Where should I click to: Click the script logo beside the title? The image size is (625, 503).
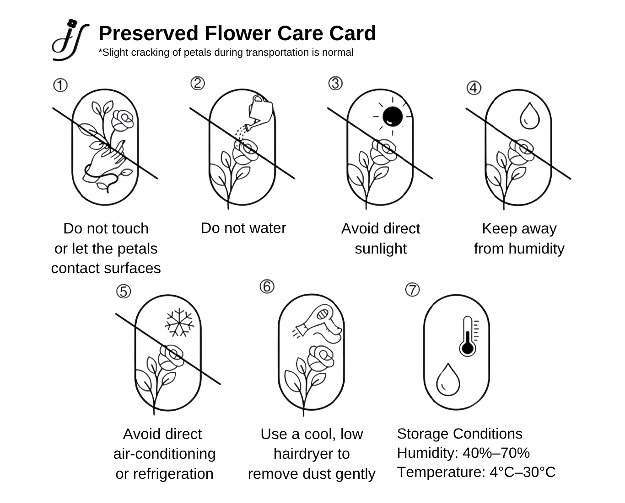[70, 40]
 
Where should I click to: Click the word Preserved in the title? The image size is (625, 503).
[148, 33]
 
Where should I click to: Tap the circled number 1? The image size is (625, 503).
[60, 85]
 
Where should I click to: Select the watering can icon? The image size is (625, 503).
[260, 110]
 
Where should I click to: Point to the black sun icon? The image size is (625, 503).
[392, 116]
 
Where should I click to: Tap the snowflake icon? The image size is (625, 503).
[179, 323]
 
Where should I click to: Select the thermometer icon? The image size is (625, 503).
[468, 336]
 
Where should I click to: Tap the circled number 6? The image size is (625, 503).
[267, 287]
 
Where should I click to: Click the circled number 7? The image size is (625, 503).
[412, 290]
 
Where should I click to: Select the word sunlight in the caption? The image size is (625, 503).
[380, 249]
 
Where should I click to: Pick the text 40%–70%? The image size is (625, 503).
[496, 453]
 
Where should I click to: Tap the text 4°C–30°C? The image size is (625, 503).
[523, 472]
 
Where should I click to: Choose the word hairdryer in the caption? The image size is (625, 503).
[311, 454]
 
